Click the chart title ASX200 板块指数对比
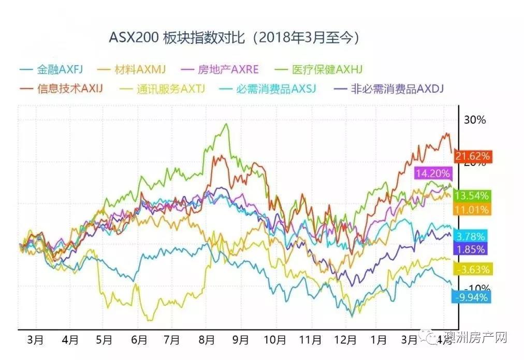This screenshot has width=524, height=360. point(235,38)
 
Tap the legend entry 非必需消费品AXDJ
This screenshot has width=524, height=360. point(391,88)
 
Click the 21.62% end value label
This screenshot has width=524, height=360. point(472,155)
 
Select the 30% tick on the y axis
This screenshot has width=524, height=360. point(475,120)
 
